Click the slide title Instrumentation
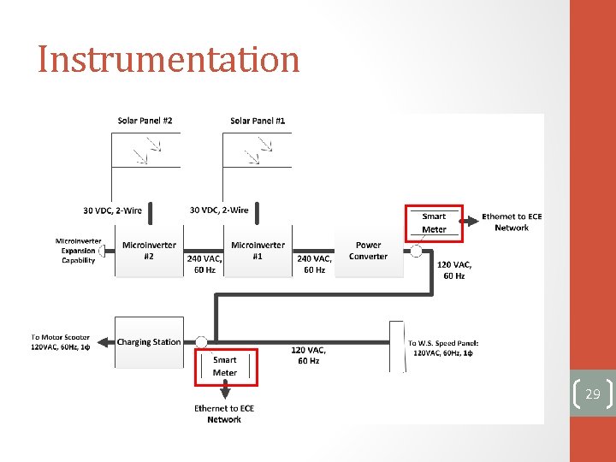click(169, 60)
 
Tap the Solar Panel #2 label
click(145, 121)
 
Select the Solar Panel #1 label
click(258, 121)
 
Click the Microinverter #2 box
click(149, 251)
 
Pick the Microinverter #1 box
click(258, 251)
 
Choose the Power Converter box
click(369, 251)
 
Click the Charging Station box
click(148, 342)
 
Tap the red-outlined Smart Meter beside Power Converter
click(433, 222)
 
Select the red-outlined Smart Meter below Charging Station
click(225, 366)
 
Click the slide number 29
click(592, 394)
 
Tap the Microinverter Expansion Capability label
click(78, 251)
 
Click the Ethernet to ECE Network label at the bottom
click(224, 414)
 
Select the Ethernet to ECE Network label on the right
click(512, 222)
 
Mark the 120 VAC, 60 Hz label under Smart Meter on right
click(453, 270)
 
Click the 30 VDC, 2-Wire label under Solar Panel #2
click(113, 210)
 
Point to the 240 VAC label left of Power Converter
click(314, 264)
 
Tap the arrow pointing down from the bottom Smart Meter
click(224, 393)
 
